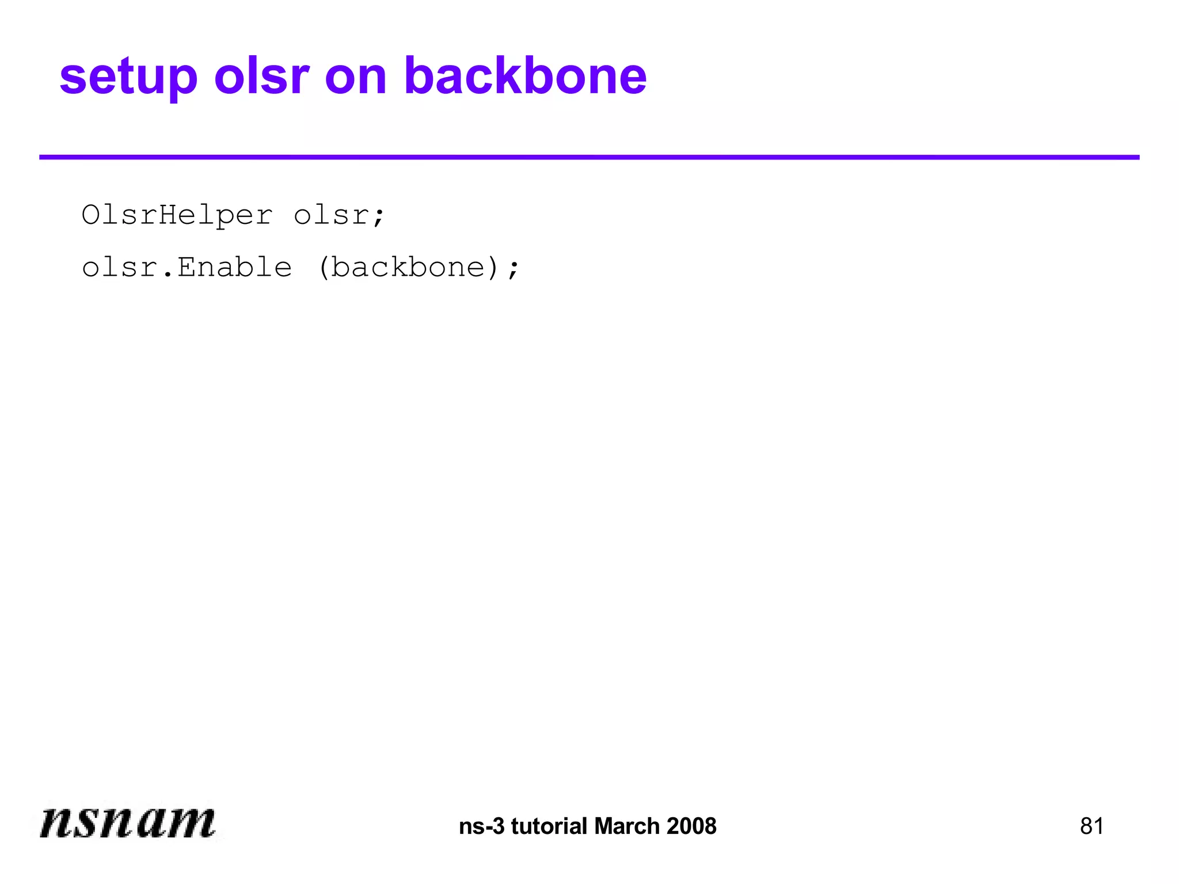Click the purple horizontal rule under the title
(x=589, y=157)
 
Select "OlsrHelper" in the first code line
(x=177, y=215)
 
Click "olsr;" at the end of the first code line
(x=339, y=215)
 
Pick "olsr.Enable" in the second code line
(x=187, y=268)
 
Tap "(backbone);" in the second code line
(x=419, y=268)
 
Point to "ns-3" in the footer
(x=481, y=826)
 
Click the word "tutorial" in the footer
(x=549, y=826)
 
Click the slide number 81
(x=1091, y=826)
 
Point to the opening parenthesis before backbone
(x=324, y=268)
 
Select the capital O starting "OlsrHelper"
(x=91, y=215)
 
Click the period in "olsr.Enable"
(x=168, y=275)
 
